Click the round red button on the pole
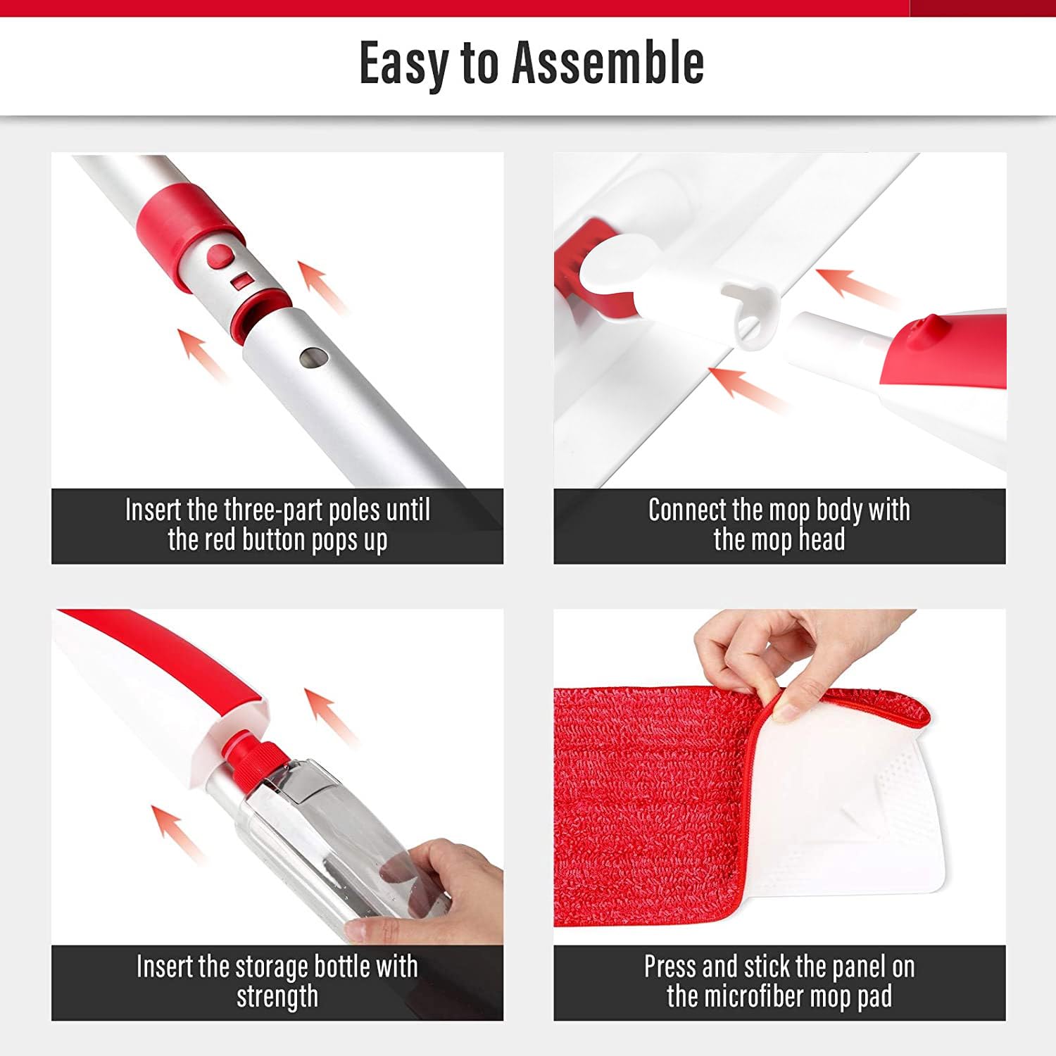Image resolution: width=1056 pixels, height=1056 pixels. (x=220, y=257)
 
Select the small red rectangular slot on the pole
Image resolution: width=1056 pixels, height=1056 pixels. (x=242, y=281)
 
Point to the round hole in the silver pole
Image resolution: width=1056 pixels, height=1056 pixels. (x=310, y=358)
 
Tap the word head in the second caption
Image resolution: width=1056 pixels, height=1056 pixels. (x=821, y=540)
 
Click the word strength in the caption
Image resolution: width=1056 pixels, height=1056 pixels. (x=277, y=997)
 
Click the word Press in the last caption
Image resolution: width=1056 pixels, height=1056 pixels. (x=670, y=967)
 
